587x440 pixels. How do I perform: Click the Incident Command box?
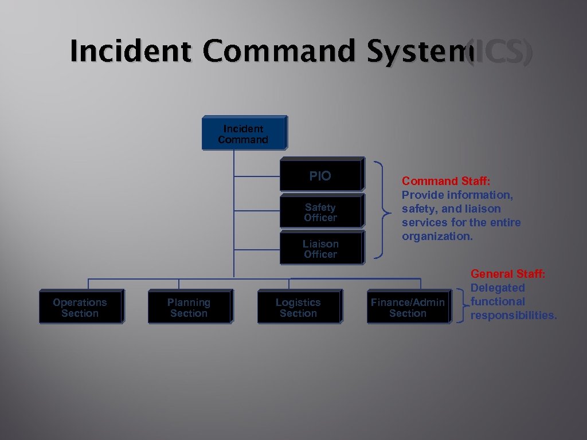243,133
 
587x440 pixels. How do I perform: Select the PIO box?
321,174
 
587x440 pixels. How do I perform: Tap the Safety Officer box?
321,212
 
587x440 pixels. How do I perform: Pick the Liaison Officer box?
321,249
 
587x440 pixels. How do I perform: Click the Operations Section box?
80,307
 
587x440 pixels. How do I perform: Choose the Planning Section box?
189,307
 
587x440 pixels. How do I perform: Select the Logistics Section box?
298,307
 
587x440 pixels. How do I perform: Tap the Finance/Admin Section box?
408,307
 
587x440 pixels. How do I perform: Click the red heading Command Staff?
446,182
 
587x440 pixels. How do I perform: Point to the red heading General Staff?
508,274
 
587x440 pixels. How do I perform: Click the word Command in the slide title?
279,52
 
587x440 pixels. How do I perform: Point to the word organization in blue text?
437,236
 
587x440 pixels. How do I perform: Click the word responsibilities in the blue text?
513,315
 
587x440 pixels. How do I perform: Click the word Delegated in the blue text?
498,288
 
